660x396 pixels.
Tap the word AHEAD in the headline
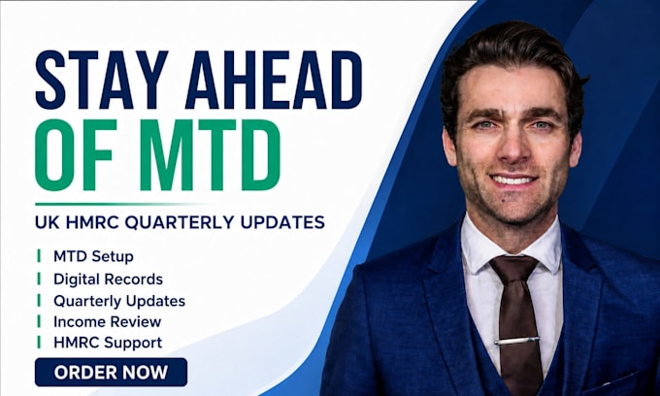(274, 80)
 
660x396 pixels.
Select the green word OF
(76, 155)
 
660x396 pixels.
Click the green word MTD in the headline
(210, 155)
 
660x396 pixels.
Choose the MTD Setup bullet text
(93, 256)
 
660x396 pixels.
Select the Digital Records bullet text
(108, 279)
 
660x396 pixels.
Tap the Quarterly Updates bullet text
(119, 301)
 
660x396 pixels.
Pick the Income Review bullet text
(108, 322)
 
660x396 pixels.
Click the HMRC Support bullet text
(108, 343)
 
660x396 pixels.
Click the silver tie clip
(517, 340)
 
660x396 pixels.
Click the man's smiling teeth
(513, 181)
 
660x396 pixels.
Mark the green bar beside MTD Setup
(39, 255)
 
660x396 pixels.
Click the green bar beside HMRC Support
(39, 343)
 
